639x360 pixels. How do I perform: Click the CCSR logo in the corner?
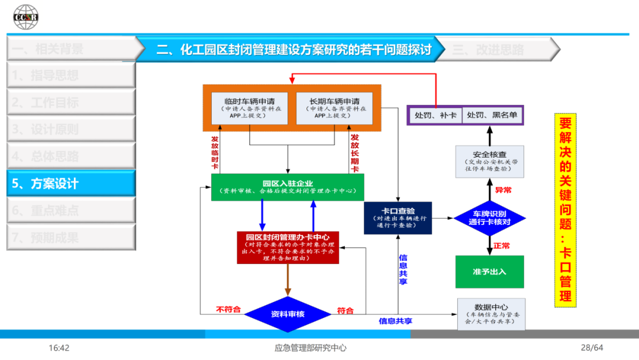tap(26, 17)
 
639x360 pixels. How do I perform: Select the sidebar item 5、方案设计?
tap(71, 184)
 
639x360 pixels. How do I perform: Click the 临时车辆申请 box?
tap(249, 107)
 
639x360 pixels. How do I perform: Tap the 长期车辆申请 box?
tap(334, 107)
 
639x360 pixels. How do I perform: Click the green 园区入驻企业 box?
tap(288, 187)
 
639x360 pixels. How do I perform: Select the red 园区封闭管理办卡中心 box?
tap(288, 247)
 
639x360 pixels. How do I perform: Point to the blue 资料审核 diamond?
tap(288, 314)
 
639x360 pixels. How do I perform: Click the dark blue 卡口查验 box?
tap(398, 218)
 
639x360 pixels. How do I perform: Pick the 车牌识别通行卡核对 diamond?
tap(489, 218)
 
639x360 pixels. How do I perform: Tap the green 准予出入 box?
tap(489, 272)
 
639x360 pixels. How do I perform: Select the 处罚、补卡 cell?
tap(435, 115)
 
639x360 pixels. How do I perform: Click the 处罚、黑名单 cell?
tap(492, 115)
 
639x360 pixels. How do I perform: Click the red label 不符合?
tap(228, 310)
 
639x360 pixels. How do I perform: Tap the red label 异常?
tap(504, 191)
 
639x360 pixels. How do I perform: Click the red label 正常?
tap(502, 246)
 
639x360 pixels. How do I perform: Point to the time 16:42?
tap(59, 348)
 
